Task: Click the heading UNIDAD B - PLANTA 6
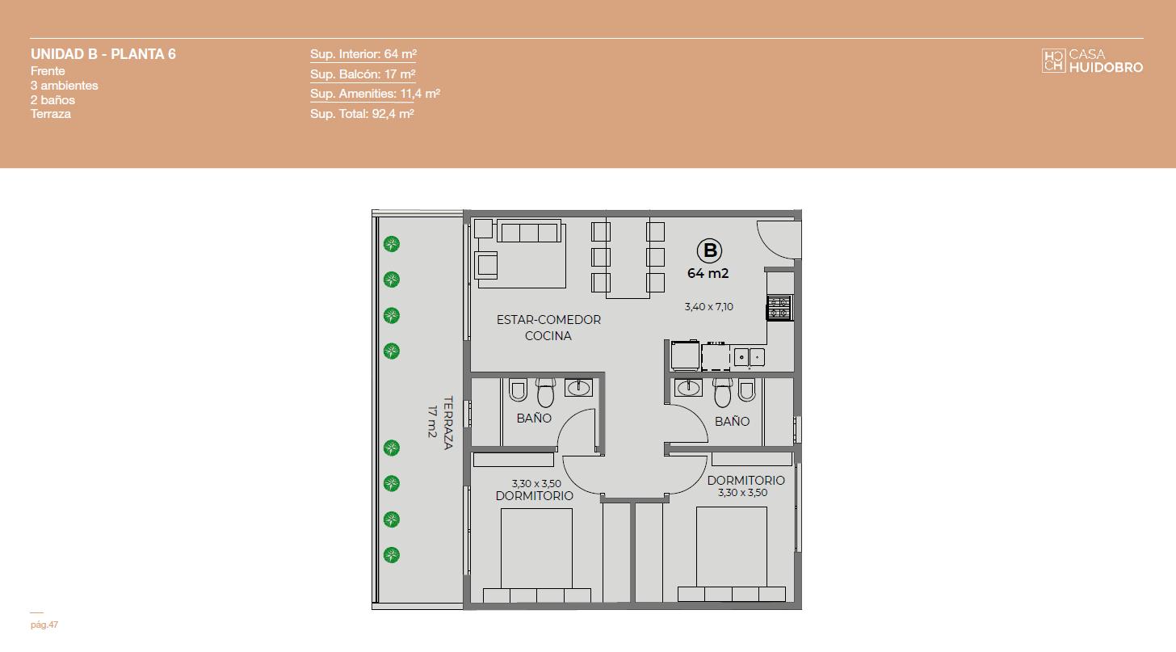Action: (x=103, y=54)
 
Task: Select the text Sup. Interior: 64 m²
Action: (x=363, y=53)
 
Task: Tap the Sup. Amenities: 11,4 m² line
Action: (x=375, y=94)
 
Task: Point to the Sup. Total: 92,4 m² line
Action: (x=362, y=113)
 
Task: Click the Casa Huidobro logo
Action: (x=1092, y=61)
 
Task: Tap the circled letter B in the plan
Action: (x=709, y=250)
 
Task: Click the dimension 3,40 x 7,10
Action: (x=709, y=306)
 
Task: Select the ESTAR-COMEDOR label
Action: (x=548, y=320)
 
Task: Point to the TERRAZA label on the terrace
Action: (x=447, y=423)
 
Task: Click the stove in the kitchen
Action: (x=779, y=308)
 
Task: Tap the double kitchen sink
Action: (x=750, y=357)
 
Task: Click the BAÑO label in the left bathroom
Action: (x=534, y=419)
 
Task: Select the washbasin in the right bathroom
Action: (x=688, y=388)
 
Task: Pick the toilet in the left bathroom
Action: (x=545, y=392)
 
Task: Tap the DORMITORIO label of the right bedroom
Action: (x=746, y=481)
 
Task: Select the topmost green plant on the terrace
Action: (x=391, y=244)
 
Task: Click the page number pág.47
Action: (x=44, y=625)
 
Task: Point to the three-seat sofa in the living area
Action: (x=529, y=231)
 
